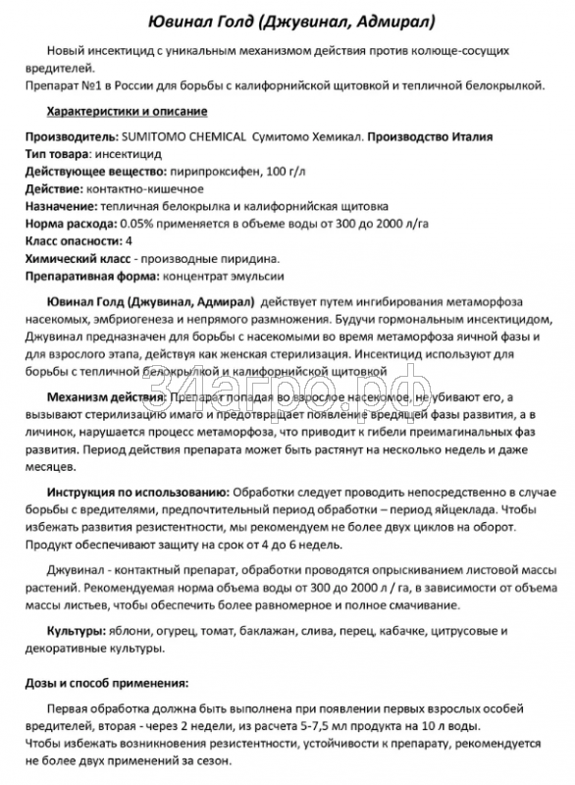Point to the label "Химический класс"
tap(72, 259)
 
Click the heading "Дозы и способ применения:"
tap(106, 682)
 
